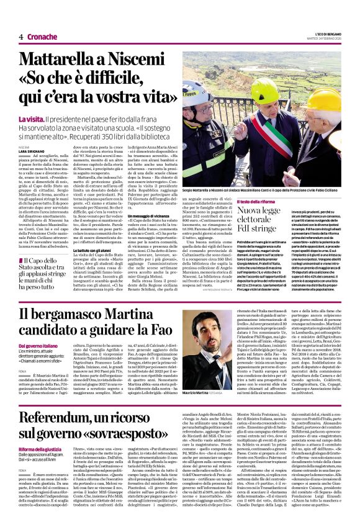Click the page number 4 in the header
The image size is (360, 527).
click(x=20, y=37)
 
